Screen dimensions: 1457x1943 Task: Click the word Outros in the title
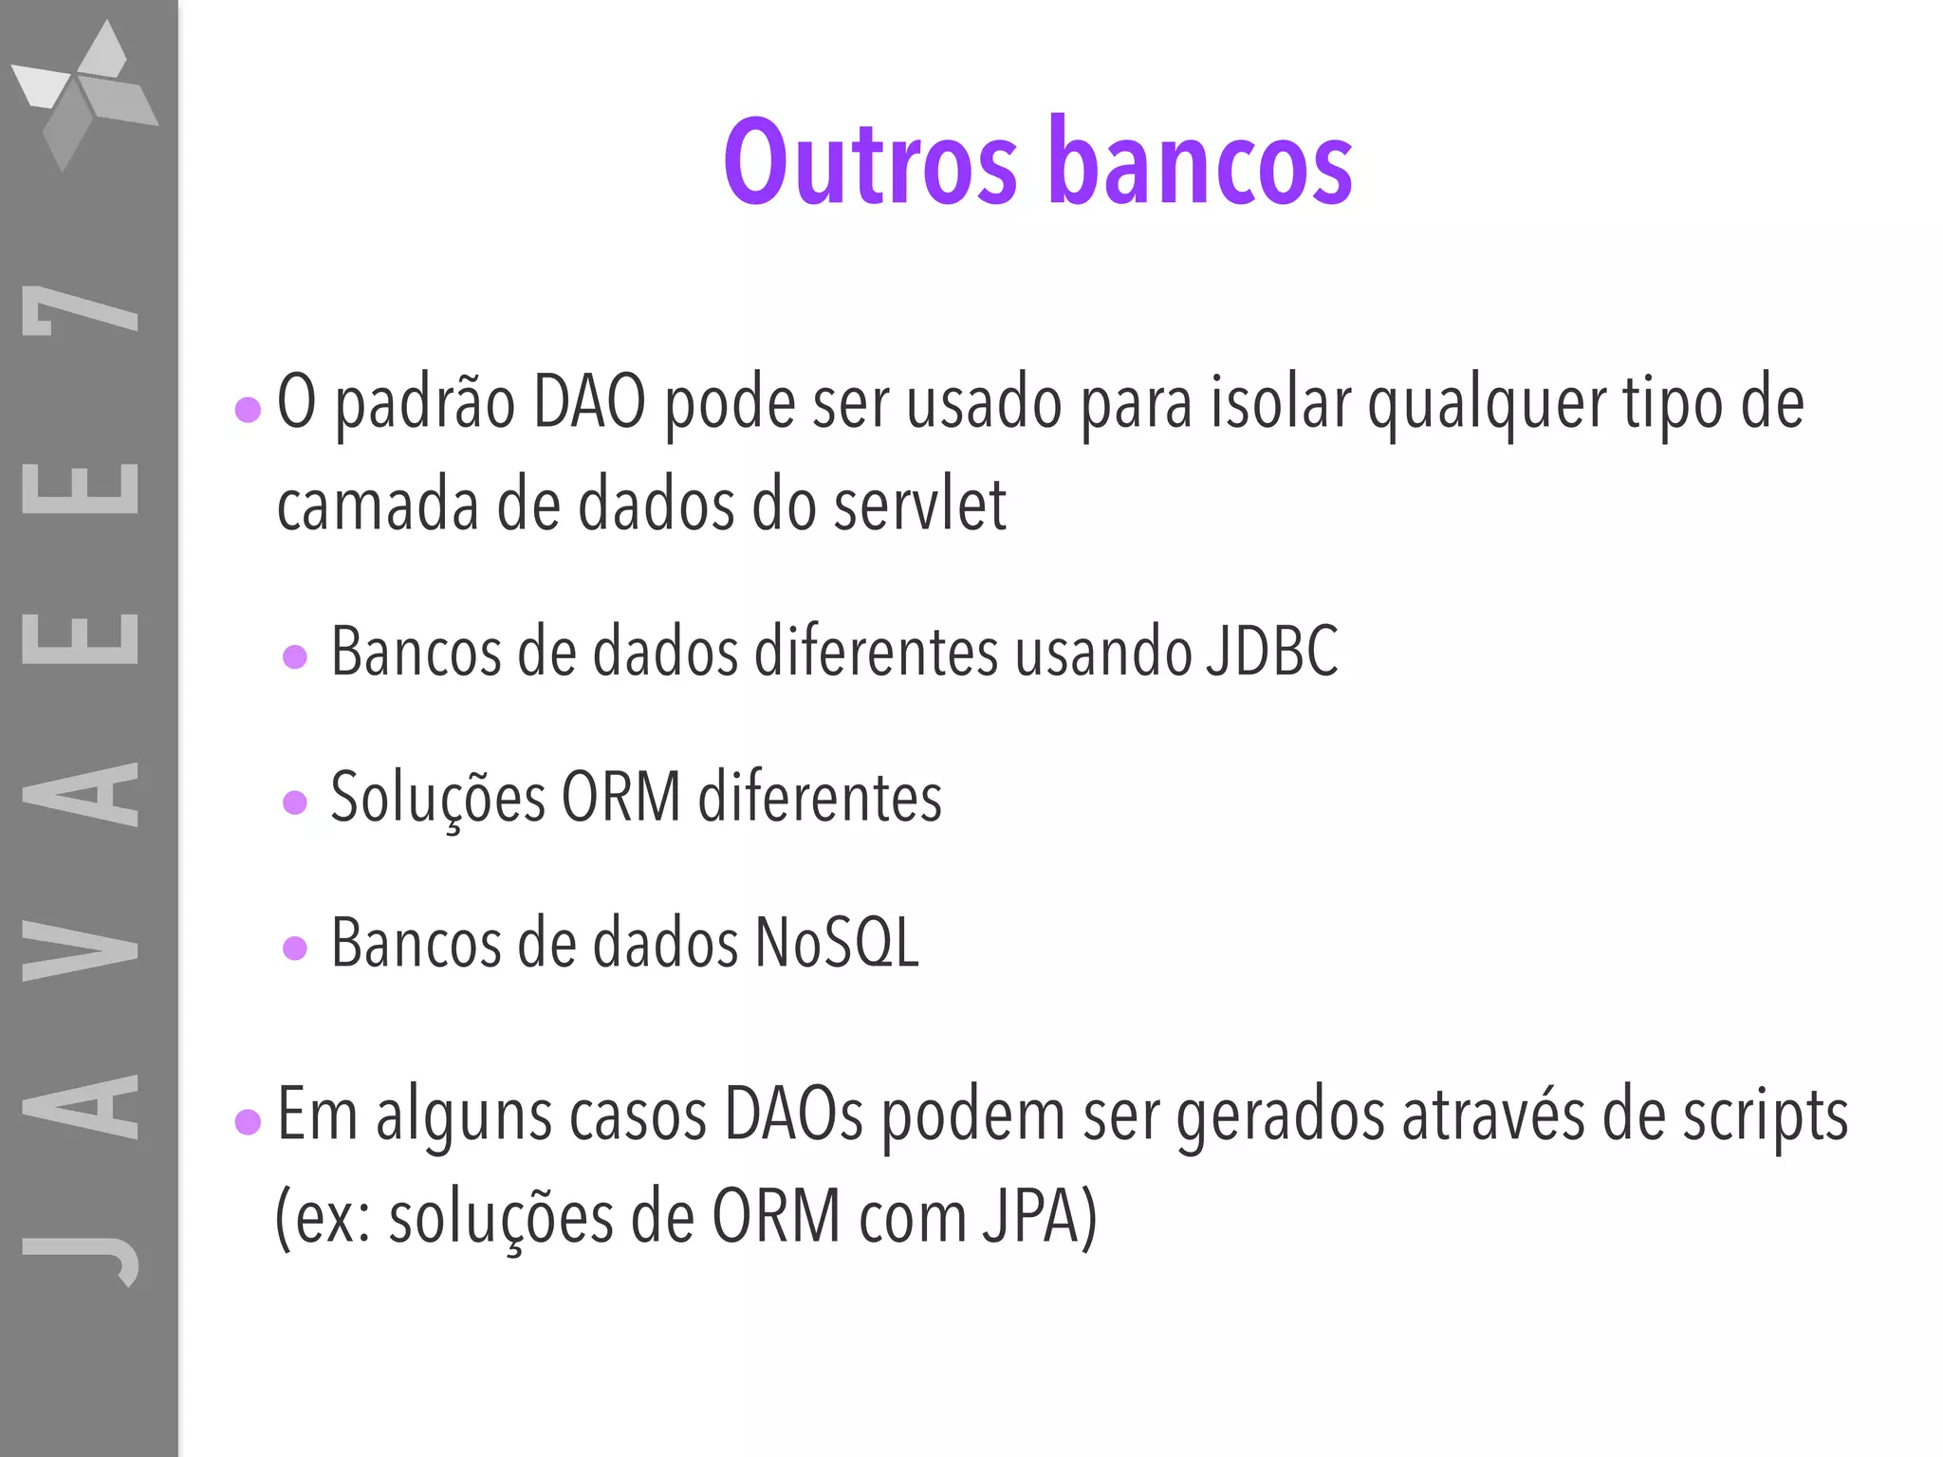870,161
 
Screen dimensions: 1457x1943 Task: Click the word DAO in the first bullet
589,403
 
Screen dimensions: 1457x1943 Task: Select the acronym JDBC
1271,652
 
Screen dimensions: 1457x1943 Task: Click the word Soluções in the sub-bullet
437,797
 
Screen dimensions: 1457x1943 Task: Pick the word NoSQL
836,943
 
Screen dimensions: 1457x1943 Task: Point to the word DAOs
793,1116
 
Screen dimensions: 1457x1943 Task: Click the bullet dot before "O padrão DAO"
248,410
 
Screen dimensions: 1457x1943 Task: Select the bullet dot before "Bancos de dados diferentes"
295,657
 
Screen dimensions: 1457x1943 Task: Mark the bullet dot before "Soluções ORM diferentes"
295,803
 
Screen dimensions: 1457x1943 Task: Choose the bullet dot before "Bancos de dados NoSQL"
295,949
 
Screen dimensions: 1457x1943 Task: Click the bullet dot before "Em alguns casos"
248,1122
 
